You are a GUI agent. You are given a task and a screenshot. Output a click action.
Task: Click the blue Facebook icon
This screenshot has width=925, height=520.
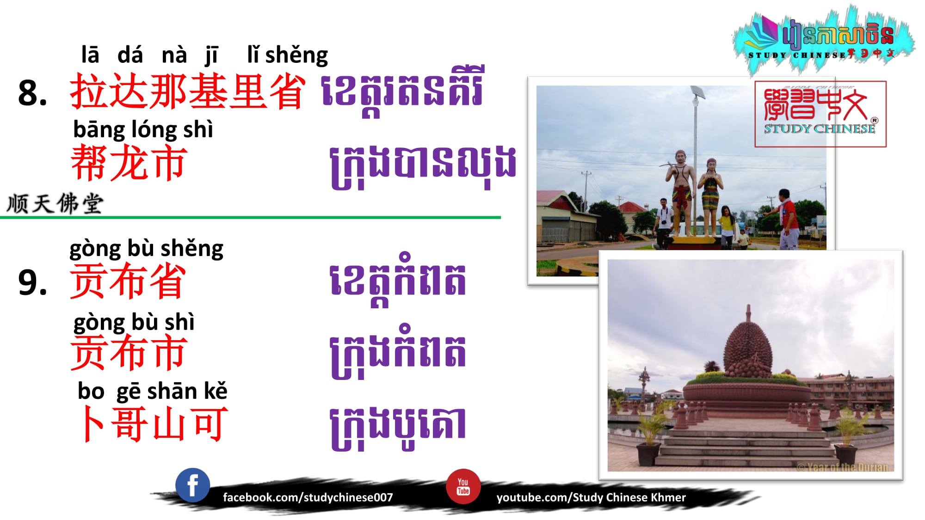(192, 485)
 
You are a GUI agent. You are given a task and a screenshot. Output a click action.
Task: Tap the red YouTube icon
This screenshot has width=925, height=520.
(463, 486)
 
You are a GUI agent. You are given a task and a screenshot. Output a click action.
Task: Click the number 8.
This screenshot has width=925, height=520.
(32, 93)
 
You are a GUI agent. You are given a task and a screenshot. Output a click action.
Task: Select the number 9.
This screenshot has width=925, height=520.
(32, 282)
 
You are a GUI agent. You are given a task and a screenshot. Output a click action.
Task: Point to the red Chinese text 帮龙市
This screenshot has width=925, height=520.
(129, 163)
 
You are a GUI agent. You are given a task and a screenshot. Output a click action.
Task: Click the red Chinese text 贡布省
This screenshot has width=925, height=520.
(128, 281)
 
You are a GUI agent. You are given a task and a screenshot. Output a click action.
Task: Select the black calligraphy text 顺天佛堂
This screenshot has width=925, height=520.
(55, 203)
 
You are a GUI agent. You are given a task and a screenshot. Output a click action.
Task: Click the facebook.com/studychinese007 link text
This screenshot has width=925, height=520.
(308, 497)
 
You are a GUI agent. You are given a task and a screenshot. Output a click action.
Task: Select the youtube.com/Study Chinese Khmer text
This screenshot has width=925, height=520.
(591, 497)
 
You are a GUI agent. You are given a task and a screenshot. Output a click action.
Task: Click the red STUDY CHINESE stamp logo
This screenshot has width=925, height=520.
(820, 114)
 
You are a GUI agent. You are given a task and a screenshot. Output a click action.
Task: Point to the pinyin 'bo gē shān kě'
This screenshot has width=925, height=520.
(153, 391)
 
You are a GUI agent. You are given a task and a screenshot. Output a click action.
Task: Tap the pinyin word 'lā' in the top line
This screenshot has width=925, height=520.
(90, 55)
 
